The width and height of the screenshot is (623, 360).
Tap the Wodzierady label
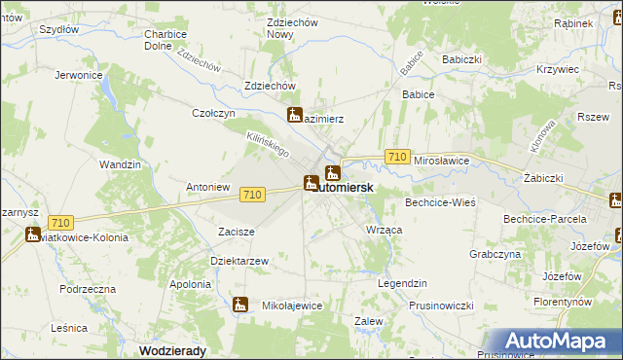coord(174,349)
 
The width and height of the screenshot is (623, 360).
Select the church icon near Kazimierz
coord(295,115)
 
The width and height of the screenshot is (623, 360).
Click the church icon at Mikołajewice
coord(240,305)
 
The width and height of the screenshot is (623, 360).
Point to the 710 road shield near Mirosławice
coord(396,157)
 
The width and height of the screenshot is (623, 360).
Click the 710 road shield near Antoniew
coord(251,195)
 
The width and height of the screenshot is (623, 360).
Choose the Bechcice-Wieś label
coord(440,203)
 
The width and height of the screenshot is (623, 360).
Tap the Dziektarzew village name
coord(238,261)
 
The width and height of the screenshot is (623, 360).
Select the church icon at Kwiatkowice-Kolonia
coord(31,234)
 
